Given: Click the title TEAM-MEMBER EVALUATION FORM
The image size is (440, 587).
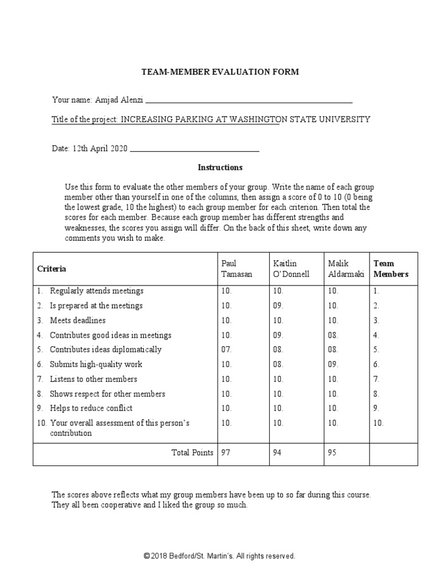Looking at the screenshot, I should (x=220, y=72).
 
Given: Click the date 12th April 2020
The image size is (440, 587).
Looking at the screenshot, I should (x=99, y=148).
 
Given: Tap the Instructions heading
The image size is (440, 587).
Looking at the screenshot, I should (x=220, y=167).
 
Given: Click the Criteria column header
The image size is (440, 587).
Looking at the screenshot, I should (x=52, y=268).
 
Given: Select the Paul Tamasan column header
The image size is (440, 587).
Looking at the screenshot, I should (x=236, y=268).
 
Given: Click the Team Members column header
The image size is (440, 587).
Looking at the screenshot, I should (x=391, y=268).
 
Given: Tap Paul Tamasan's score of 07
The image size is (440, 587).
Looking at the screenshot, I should (x=227, y=350).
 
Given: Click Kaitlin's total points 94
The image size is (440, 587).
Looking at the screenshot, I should (x=278, y=453).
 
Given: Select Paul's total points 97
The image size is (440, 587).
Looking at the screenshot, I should (x=226, y=453).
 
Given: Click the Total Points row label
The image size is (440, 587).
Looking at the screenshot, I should (x=192, y=453).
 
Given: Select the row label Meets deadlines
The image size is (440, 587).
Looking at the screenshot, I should (x=77, y=320).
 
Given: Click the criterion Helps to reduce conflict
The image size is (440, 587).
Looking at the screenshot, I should (x=91, y=408).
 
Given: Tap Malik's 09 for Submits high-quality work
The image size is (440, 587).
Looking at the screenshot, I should (x=333, y=364).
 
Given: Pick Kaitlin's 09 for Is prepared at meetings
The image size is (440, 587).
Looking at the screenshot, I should (x=279, y=306).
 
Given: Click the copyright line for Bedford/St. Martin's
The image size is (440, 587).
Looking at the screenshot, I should (x=220, y=556).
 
